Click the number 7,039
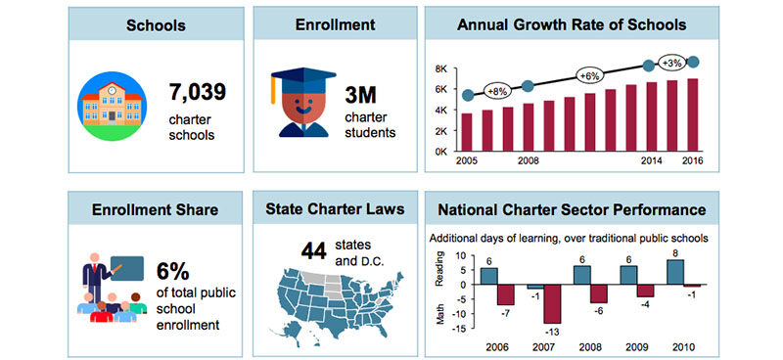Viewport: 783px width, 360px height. pyautogui.click(x=197, y=93)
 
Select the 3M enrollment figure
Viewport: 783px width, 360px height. pyautogui.click(x=364, y=96)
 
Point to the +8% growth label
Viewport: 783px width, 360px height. pyautogui.click(x=497, y=91)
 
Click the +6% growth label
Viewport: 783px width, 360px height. pyautogui.click(x=589, y=75)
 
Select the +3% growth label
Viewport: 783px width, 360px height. pyautogui.click(x=672, y=63)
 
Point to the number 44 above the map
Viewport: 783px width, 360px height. pyautogui.click(x=313, y=251)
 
